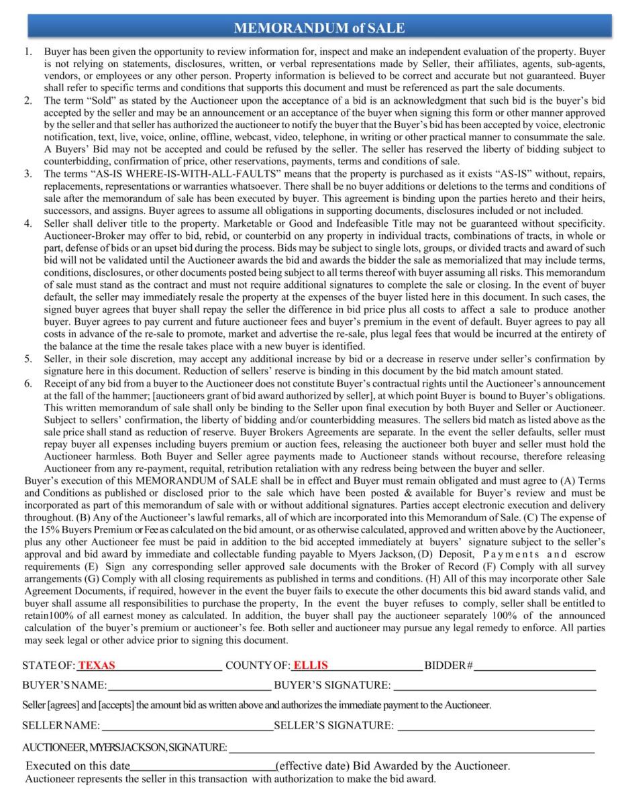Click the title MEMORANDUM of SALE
319,28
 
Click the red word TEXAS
97,665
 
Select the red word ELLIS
311,665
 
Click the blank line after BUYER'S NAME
189,687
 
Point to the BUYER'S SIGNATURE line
495,687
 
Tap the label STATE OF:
48,665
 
